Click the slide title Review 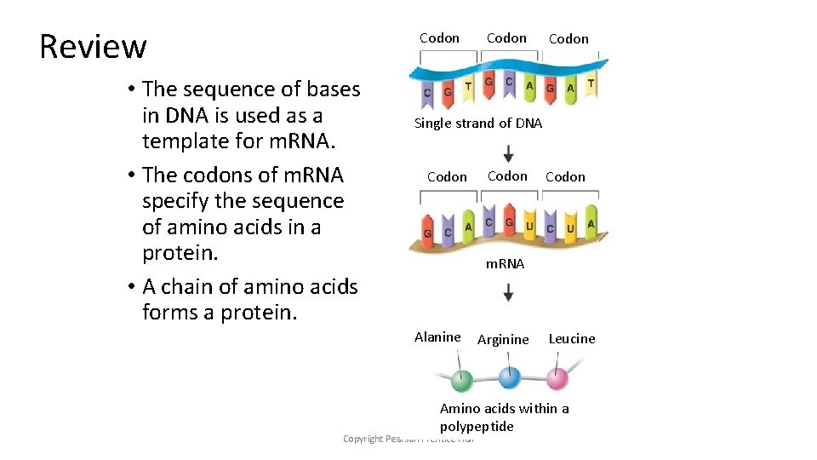(93, 46)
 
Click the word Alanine (437, 337)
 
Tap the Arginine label (503, 340)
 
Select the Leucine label (572, 339)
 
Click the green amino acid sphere (461, 379)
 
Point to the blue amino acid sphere (509, 377)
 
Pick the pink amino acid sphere (557, 378)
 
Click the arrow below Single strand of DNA (508, 153)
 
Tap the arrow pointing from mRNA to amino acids (508, 292)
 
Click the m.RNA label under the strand (505, 264)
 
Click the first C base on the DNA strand (426, 93)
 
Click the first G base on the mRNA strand (427, 233)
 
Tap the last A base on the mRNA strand (591, 223)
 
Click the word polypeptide (477, 427)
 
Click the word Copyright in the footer (362, 439)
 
